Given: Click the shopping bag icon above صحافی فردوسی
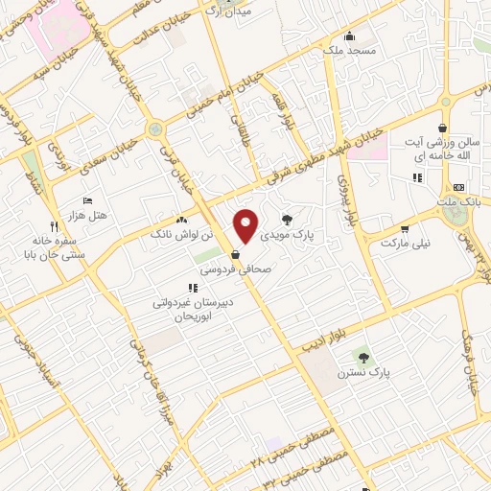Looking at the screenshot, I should click(x=236, y=255).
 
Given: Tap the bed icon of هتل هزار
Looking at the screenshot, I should click(x=88, y=201).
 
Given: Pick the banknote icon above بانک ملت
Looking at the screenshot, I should click(x=458, y=187).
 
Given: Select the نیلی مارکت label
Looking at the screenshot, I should click(x=406, y=244).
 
